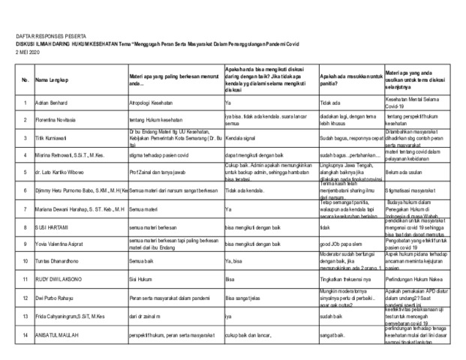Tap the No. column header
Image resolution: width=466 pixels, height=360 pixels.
click(25, 80)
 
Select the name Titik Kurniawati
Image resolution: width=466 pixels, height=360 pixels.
click(54, 138)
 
